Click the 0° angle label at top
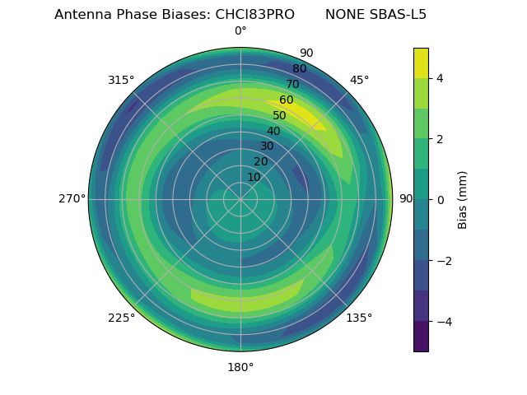click(x=240, y=31)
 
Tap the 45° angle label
click(x=359, y=80)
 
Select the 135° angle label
click(x=359, y=318)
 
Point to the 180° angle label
click(x=240, y=367)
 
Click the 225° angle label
click(x=121, y=318)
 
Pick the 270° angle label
click(x=72, y=199)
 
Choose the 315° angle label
click(x=121, y=80)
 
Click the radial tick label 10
click(x=254, y=177)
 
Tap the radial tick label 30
click(x=267, y=146)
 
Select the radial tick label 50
click(x=280, y=116)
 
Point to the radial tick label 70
click(x=292, y=85)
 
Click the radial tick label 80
click(x=299, y=69)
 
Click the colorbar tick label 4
click(x=440, y=78)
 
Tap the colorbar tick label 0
click(x=440, y=200)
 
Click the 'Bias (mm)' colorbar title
click(x=463, y=200)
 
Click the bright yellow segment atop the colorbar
click(x=421, y=63)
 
